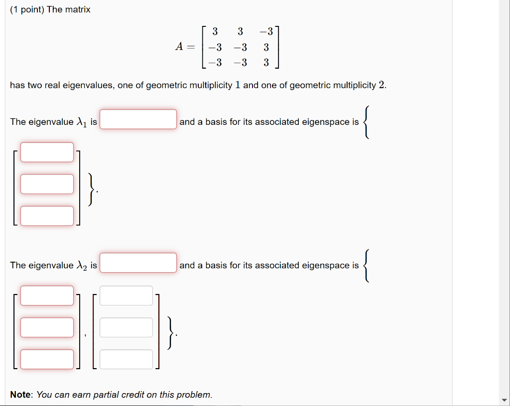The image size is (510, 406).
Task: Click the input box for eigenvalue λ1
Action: coord(138,119)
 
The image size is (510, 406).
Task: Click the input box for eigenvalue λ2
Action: coord(138,263)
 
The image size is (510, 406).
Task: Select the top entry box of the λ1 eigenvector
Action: coord(47,152)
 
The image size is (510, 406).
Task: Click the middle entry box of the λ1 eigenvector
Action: coord(47,184)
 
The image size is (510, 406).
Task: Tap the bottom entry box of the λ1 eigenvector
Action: coord(47,216)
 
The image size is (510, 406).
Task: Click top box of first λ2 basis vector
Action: coord(47,296)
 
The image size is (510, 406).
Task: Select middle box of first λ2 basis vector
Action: coord(47,327)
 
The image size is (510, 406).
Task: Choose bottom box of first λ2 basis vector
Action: coord(47,359)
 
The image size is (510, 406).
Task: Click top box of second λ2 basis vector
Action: coord(126,296)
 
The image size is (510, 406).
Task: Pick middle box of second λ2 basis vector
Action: coord(126,327)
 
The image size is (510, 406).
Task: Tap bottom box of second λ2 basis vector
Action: coord(126,359)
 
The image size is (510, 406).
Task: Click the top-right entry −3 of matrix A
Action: coord(266,32)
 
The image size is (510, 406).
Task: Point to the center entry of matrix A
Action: coord(240,48)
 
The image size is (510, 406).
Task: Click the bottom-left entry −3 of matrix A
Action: coord(215,63)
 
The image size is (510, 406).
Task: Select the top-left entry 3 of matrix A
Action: coord(215,32)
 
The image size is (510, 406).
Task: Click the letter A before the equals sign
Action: coord(179,47)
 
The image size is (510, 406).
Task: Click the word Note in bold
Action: coord(21,395)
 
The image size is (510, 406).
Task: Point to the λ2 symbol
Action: coord(82,266)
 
